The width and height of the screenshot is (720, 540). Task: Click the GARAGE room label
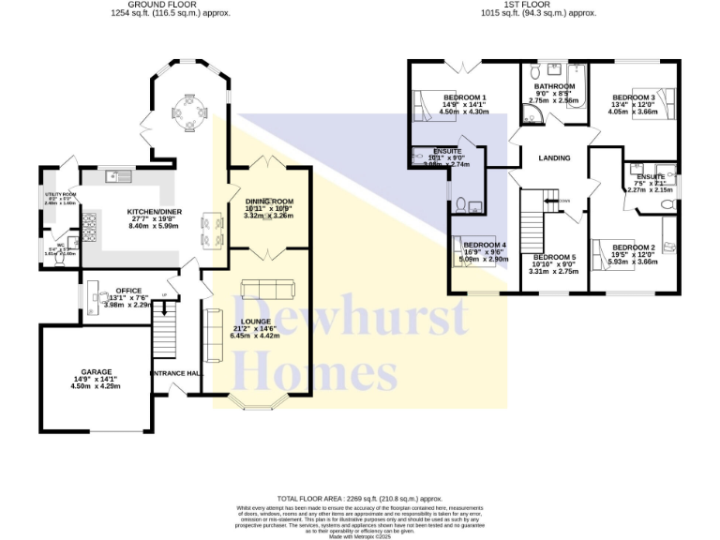96,372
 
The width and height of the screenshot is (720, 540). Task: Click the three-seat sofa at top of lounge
268,288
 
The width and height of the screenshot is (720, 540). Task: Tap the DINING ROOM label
270,202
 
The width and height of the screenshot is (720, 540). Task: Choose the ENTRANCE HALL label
176,373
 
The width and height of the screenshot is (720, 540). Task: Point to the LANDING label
554,157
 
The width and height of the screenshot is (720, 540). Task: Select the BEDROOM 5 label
554,257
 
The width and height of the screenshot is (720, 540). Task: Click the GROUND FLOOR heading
171,6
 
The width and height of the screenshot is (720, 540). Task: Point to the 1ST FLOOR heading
538,6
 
